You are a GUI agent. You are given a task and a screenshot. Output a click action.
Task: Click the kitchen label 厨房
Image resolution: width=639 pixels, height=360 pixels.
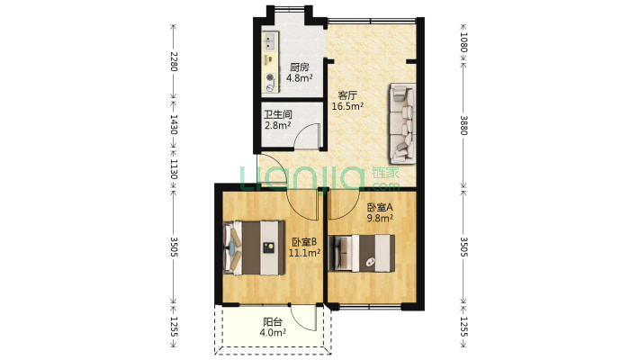[299, 67]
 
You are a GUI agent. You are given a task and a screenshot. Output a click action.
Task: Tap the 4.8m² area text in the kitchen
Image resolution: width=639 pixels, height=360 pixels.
[299, 78]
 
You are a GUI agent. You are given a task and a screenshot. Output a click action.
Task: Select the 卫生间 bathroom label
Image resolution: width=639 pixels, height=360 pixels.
[277, 114]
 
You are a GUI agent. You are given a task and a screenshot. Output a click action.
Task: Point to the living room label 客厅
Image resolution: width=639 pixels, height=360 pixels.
[347, 95]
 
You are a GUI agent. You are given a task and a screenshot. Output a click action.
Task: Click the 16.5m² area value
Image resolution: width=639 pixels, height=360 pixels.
[347, 106]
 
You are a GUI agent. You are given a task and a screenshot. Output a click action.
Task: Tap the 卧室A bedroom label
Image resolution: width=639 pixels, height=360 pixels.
[380, 208]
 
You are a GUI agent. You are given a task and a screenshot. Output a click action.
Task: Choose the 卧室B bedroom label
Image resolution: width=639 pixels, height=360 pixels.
[304, 242]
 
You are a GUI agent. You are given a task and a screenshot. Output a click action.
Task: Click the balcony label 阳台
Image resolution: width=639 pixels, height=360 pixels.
[273, 322]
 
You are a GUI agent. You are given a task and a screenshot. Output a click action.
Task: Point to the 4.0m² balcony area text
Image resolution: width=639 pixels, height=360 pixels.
[273, 333]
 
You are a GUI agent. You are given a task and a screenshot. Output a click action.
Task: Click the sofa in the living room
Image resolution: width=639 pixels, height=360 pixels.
[402, 123]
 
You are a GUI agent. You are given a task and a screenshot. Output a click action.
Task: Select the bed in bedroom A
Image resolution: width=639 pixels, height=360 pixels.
[362, 253]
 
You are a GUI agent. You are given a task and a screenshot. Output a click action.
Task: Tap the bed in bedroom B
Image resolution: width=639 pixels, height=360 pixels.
[255, 247]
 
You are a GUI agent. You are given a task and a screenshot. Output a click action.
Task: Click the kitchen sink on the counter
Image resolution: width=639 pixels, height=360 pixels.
[270, 41]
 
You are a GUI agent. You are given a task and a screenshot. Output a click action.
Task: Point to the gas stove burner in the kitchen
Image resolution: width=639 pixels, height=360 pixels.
[270, 77]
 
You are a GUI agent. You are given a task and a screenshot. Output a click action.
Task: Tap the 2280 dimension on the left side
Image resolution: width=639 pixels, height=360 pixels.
[174, 61]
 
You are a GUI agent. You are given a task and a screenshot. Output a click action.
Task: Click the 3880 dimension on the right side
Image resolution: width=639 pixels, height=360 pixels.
[463, 125]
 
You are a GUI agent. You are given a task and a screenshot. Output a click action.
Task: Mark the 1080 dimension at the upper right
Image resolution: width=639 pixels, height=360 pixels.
[463, 42]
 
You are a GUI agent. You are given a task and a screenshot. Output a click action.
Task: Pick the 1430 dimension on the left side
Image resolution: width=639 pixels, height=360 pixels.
[174, 124]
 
